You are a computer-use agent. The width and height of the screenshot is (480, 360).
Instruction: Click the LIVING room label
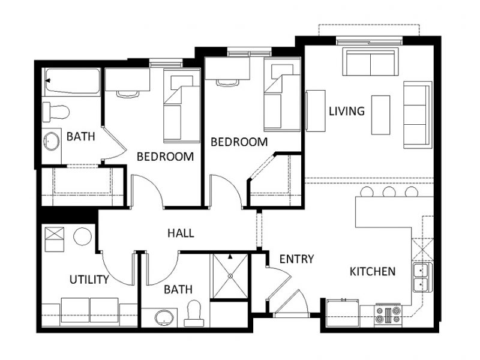346,111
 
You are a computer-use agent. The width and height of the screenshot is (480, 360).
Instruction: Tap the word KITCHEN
372,272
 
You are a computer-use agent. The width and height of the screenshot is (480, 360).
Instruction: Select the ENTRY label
296,259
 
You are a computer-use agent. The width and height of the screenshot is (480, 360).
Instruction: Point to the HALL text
181,233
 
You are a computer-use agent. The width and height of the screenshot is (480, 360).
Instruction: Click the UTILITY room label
89,280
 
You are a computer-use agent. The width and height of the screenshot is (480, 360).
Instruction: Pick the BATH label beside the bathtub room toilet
80,137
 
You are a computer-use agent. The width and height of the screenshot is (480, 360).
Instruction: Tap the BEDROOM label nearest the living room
238,142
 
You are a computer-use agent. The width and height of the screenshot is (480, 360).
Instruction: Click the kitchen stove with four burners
388,314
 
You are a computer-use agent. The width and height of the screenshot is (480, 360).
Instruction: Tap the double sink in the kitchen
422,277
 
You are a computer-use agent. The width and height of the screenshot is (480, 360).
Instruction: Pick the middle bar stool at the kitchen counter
389,193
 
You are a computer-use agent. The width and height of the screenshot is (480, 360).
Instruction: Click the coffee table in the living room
380,115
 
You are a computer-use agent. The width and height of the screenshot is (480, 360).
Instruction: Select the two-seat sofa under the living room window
369,62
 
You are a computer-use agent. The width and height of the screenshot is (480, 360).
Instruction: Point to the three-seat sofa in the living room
416,115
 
